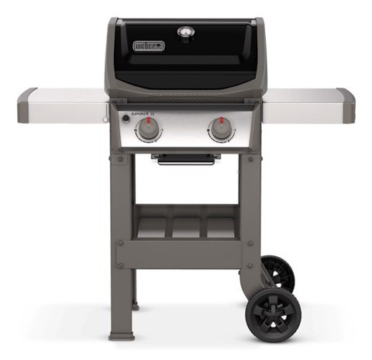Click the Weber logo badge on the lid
tap(149, 46)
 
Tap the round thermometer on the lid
tap(186, 32)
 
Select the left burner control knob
tap(149, 131)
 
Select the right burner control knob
tap(222, 131)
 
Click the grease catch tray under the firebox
tap(185, 159)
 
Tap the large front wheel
tap(270, 314)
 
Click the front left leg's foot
tap(122, 335)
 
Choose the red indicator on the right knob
tap(222, 123)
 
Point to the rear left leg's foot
tap(136, 306)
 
